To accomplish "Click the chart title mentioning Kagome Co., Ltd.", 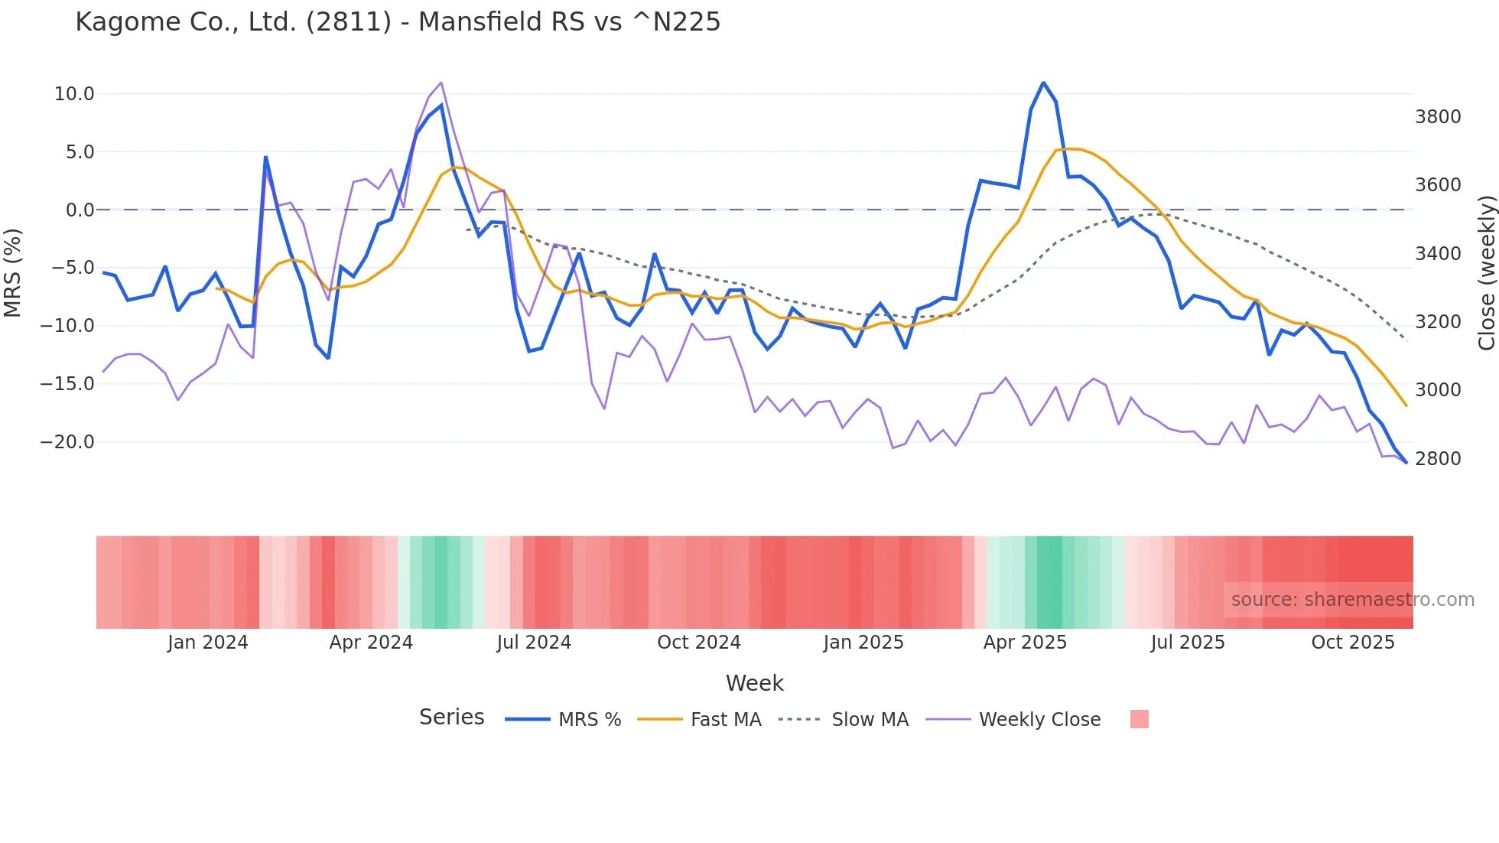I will pos(398,22).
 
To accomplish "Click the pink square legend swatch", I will pos(1139,719).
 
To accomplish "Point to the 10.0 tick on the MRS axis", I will pos(74,94).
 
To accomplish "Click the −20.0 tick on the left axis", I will pos(67,442).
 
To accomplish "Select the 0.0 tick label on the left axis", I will pos(80,210).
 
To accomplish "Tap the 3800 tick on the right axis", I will pos(1438,117).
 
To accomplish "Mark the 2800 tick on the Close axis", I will pos(1438,459).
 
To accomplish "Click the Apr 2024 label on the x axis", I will pos(371,643).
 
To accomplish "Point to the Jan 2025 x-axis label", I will pos(863,643).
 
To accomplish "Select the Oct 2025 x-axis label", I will pos(1353,643).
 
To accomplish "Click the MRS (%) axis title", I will pos(12,273).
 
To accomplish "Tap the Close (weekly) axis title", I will pos(1486,273).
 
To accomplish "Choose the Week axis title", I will pos(754,683).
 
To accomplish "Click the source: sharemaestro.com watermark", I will pos(1352,600).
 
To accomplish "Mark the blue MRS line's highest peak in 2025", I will pos(1043,83).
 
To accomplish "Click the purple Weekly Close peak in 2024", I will pos(441,83).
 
